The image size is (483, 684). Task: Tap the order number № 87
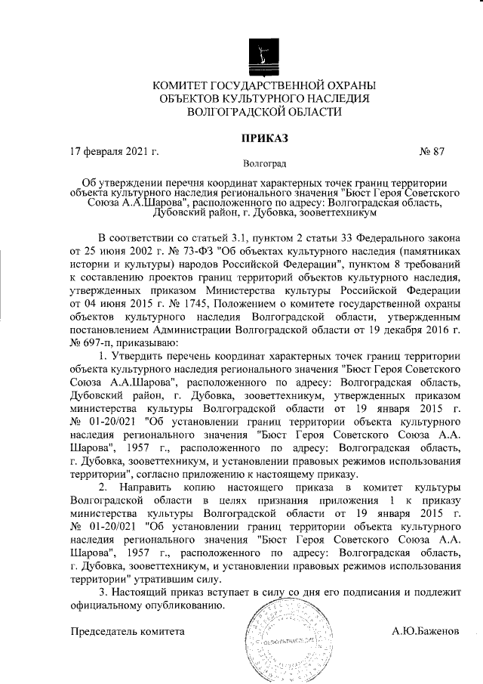pos(431,151)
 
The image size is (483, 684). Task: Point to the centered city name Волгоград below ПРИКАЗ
pos(264,162)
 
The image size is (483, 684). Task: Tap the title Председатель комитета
pos(127,630)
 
